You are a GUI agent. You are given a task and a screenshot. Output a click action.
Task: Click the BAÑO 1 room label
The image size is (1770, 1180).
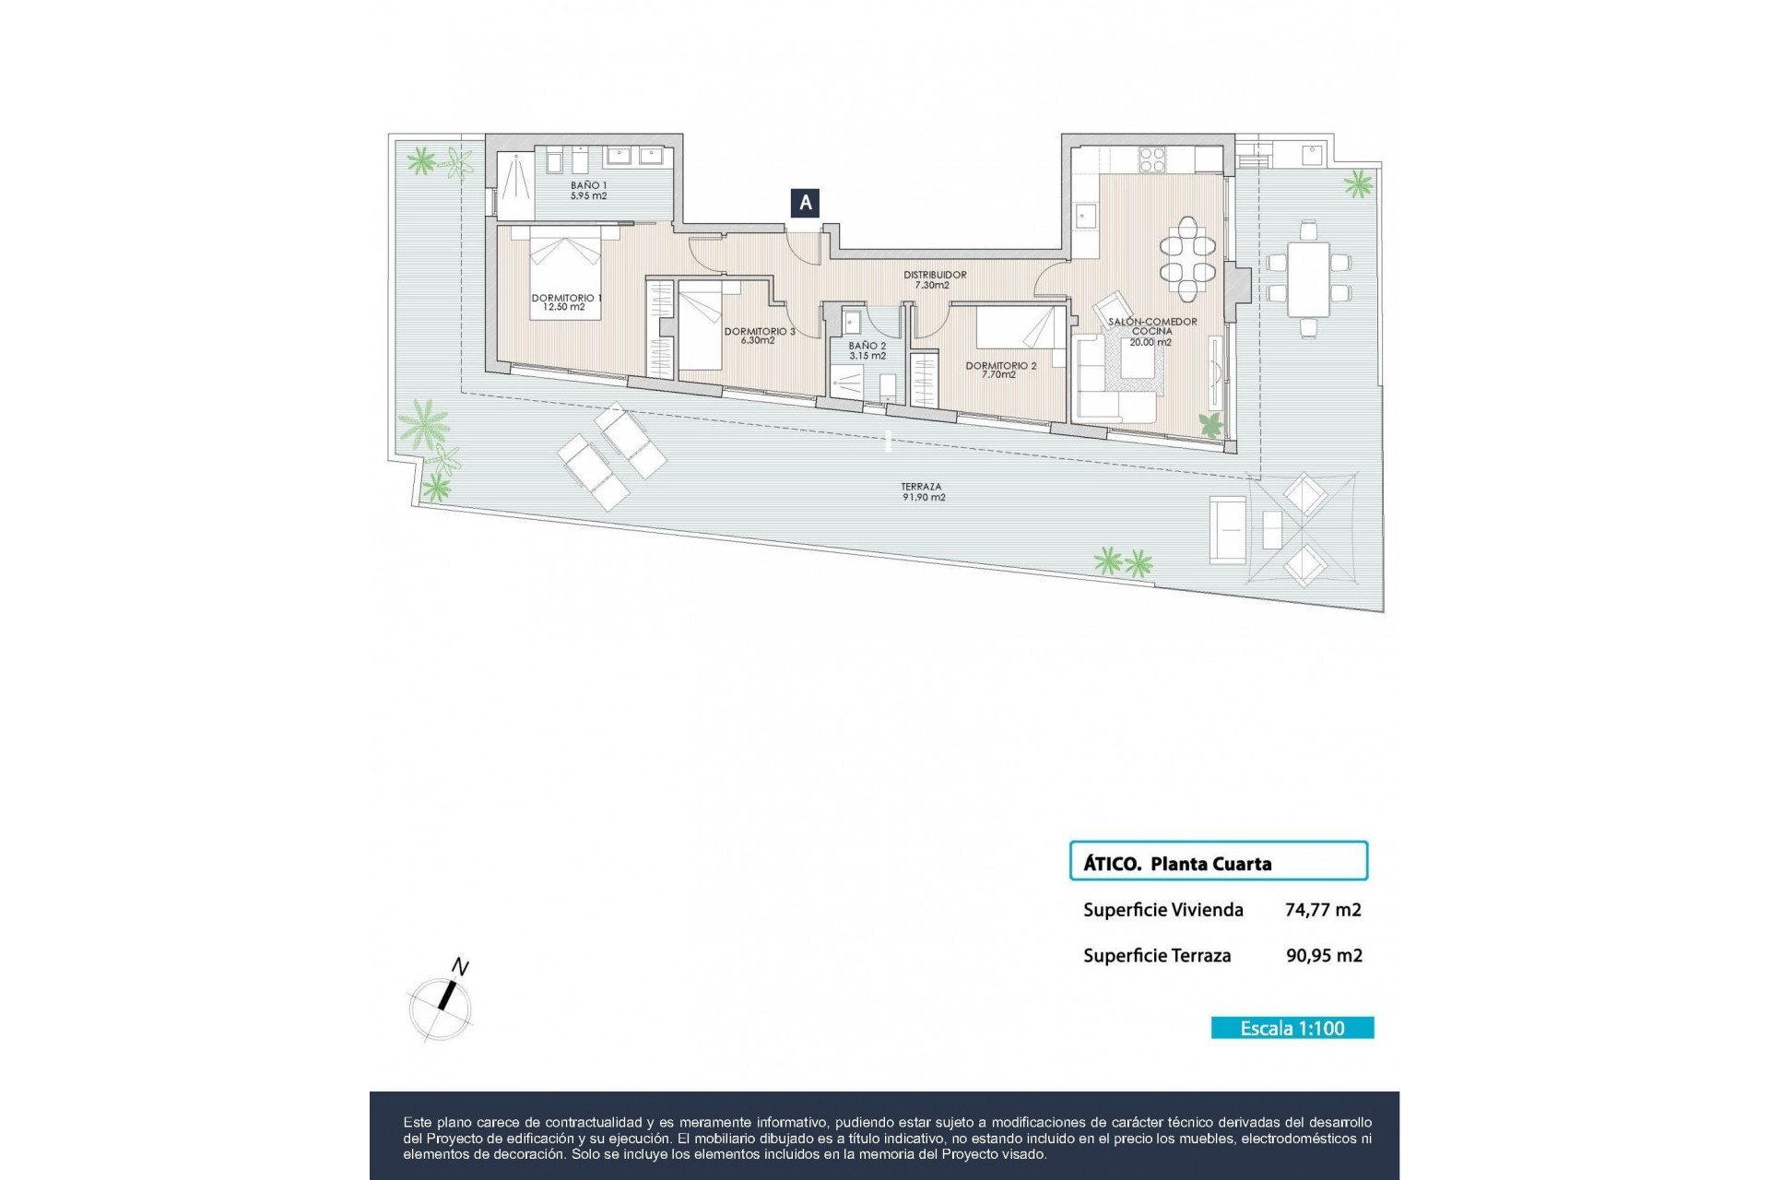588,191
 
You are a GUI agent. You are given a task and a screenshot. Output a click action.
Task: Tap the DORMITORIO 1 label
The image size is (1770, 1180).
565,302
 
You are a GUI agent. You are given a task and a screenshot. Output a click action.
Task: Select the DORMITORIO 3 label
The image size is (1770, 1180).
759,336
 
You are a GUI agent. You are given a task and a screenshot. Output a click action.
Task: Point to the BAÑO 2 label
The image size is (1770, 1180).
867,351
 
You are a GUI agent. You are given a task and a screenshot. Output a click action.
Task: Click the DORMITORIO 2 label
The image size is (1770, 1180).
1000,370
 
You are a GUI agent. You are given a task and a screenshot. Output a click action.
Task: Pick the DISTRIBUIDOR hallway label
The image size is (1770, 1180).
934,280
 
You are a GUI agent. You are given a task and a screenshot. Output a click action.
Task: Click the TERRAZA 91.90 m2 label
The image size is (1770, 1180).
923,492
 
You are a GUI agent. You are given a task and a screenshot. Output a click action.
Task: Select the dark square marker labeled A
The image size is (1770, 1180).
805,203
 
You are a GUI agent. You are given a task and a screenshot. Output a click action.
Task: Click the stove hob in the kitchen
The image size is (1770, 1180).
1152,160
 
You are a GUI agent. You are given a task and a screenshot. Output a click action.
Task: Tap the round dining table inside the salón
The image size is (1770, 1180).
1187,259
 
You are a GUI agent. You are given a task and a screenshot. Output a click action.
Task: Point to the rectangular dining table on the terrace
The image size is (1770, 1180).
1308,278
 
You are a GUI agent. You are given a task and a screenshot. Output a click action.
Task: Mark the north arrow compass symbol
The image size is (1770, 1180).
442,1005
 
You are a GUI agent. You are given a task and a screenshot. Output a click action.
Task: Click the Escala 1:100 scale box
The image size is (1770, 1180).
1292,1028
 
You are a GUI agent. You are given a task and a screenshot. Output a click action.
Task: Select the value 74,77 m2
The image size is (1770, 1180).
1323,910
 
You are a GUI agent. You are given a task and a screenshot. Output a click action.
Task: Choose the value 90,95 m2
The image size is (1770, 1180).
1324,956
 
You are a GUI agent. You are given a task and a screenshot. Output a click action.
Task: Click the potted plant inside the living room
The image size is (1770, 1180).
1209,424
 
